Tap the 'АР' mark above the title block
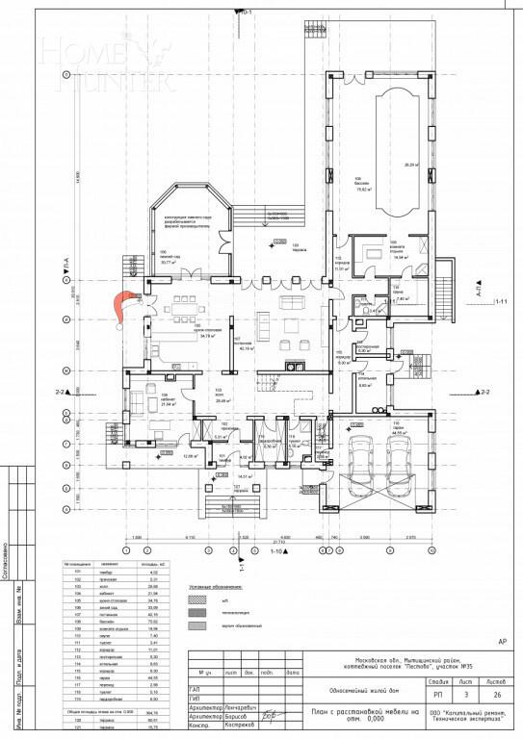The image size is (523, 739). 500,640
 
